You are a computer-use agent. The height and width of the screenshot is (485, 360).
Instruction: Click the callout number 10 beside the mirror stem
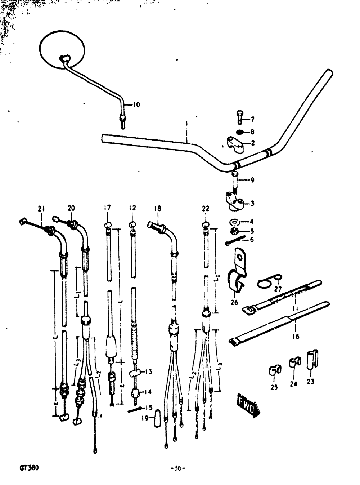136,105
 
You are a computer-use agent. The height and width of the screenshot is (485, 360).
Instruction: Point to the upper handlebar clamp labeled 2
236,143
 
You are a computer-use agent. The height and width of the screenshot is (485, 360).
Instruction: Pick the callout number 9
252,180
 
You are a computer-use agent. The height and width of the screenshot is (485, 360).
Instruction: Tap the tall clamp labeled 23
311,359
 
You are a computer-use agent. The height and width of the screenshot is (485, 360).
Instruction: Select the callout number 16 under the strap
295,337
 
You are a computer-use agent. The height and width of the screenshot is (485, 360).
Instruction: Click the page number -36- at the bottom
177,468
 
